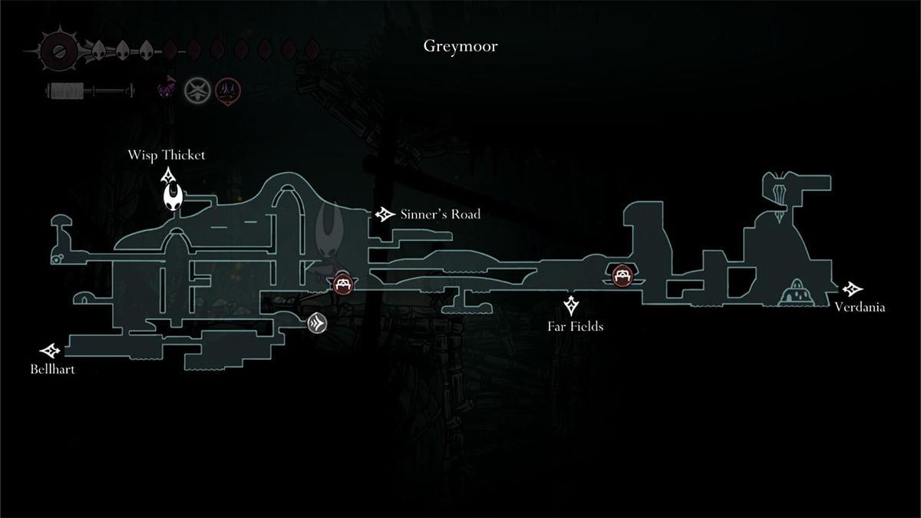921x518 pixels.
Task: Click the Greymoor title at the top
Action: point(460,46)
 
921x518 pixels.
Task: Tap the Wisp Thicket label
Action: point(167,156)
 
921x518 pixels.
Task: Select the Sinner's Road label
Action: point(440,214)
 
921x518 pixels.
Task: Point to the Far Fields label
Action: point(575,327)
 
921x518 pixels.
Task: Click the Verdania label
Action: point(860,308)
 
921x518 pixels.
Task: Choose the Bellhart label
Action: point(52,369)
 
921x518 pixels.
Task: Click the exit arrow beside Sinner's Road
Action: point(384,214)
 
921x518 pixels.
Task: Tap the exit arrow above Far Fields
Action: point(572,305)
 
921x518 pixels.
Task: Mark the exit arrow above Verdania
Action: point(851,289)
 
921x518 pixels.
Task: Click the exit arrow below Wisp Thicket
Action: point(169,177)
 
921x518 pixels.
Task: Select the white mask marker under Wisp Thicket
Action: point(173,198)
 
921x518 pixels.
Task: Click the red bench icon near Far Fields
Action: point(622,274)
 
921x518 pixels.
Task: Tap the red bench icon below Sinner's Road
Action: point(343,285)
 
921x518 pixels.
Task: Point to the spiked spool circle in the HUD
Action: point(57,51)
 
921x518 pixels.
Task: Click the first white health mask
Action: point(99,51)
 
